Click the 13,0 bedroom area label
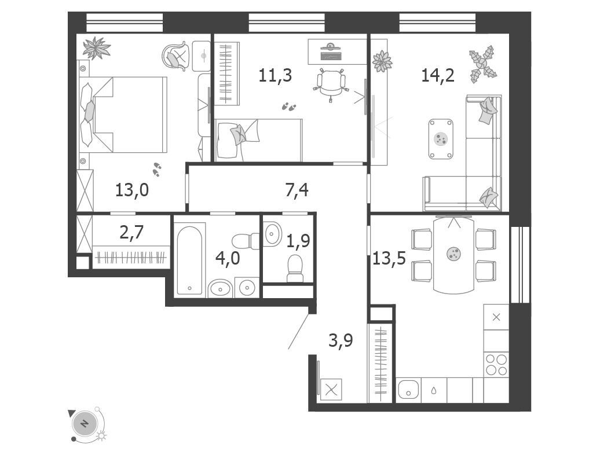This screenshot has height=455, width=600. click(x=132, y=190)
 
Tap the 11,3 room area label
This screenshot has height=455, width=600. click(x=275, y=75)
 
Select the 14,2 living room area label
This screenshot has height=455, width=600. click(x=438, y=75)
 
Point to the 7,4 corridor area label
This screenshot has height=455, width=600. click(x=297, y=190)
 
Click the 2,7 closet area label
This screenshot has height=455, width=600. click(x=131, y=232)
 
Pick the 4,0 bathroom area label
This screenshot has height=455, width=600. click(x=228, y=258)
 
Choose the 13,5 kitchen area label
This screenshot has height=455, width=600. click(x=389, y=258)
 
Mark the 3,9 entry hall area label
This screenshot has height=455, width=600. click(x=341, y=340)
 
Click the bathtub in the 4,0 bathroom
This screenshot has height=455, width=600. click(x=190, y=260)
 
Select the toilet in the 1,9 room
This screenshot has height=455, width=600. click(x=295, y=268)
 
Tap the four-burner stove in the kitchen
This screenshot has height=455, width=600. click(x=496, y=365)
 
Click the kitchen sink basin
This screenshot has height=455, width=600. click(x=408, y=390)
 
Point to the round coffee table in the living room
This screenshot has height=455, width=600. click(x=441, y=139)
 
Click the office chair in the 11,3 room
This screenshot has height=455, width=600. click(x=331, y=84)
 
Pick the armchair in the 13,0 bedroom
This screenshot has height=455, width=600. click(x=176, y=56)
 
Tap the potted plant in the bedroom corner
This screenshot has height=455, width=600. click(x=96, y=48)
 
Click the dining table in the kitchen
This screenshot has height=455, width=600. click(x=454, y=255)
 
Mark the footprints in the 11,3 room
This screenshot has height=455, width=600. click(x=289, y=107)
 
